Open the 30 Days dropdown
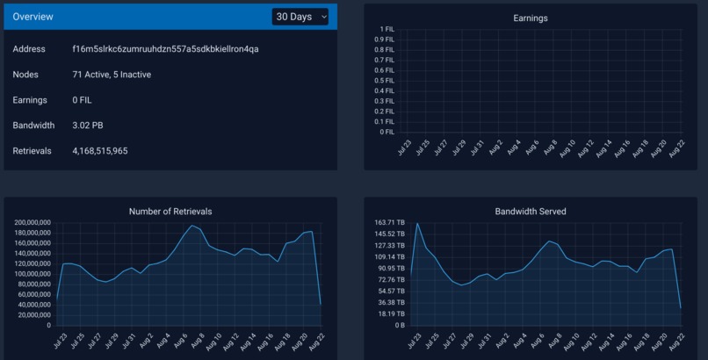tap(300, 17)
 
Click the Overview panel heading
tap(33, 17)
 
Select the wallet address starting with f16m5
tap(165, 49)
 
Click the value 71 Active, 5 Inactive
tap(112, 75)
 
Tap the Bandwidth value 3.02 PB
tap(88, 126)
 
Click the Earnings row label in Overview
tap(29, 100)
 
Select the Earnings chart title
tap(531, 18)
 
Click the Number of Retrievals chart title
tap(170, 212)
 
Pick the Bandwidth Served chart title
tap(531, 212)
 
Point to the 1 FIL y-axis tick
tap(386, 29)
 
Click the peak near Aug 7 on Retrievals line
tap(191, 226)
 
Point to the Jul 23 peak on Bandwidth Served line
tap(417, 223)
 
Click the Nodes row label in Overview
tap(25, 75)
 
